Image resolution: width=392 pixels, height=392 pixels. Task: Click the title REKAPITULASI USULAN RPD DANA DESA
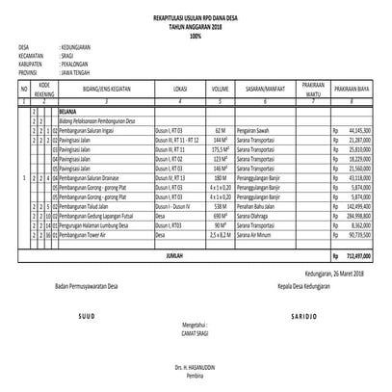click(x=195, y=17)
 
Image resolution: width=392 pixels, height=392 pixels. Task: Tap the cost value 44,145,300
click(x=355, y=129)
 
